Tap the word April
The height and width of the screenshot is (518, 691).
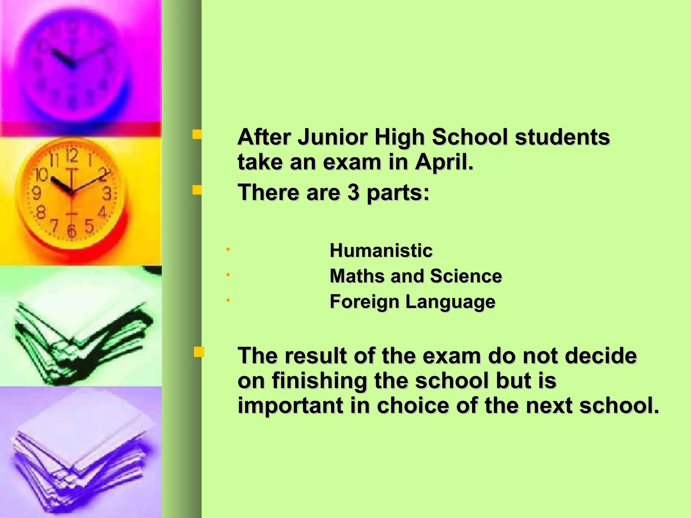pos(444,163)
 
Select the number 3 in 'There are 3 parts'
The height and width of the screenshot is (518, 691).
pos(353,193)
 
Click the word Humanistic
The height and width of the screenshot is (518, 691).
pos(381,251)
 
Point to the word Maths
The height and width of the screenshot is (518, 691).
pos(357,276)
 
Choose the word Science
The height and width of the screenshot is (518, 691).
pos(466,276)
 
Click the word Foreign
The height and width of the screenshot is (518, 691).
pos(364,302)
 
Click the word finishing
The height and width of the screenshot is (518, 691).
pos(319,381)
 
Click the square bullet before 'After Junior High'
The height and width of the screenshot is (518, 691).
pos(197,135)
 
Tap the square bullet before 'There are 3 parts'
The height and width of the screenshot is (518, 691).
pos(197,191)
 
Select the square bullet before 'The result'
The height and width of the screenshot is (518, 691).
pos(199,352)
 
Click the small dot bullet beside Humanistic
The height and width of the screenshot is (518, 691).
pos(228,250)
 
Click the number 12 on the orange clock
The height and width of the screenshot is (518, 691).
pos(72,156)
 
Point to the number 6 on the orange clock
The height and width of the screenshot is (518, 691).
pos(71,231)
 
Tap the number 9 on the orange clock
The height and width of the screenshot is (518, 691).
pos(36,194)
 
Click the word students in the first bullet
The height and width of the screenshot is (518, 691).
pos(562,138)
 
